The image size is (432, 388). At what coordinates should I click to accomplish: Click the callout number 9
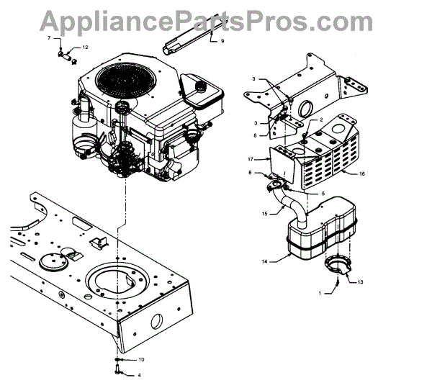point(222,41)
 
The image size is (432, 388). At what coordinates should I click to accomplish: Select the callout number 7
point(49,37)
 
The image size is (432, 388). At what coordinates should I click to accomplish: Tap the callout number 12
point(85,47)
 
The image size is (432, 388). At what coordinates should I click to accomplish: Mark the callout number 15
point(265,212)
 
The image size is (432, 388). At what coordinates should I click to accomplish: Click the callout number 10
point(141,358)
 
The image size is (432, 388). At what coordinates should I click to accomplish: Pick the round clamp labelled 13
point(337,263)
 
